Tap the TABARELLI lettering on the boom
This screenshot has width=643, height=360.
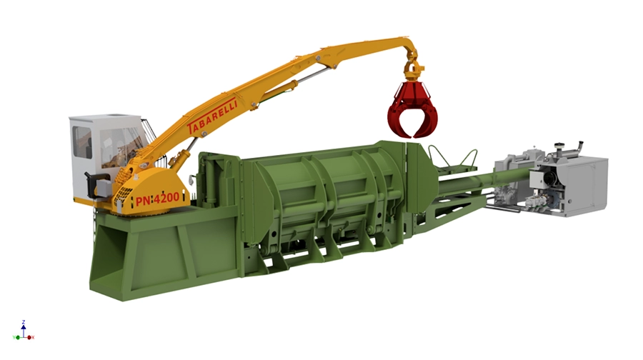212,116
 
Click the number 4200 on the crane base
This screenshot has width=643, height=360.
166,199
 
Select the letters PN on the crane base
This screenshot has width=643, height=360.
143,201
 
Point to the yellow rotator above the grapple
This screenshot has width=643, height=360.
412,70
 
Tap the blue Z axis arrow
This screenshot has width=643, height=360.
24,330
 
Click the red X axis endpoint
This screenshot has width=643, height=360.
29,337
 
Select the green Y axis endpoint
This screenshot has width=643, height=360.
18,337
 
